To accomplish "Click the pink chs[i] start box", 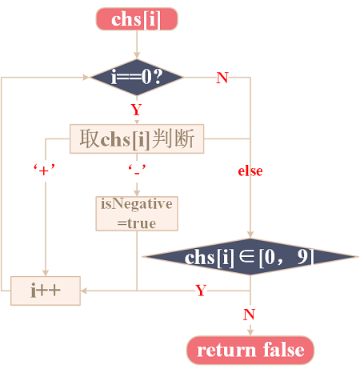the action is [x=137, y=19].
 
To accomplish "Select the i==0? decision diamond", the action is [x=137, y=78].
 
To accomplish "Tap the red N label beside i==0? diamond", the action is [x=222, y=78].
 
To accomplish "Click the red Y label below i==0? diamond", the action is [x=136, y=110].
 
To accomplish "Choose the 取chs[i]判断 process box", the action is [x=137, y=138].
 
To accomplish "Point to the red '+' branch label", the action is [x=44, y=170].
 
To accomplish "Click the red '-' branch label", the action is [x=137, y=170].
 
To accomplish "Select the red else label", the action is [x=250, y=170].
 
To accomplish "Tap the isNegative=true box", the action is [x=137, y=214].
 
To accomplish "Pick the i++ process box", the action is [x=46, y=291].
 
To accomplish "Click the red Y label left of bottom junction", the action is [x=201, y=291].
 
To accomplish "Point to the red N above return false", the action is [x=250, y=315].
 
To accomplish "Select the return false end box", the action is [x=250, y=350].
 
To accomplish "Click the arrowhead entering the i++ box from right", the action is [x=84, y=291].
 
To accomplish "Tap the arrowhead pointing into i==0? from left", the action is [x=86, y=78].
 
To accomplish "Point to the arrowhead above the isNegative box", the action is [x=137, y=193].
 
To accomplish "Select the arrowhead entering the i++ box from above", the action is [x=46, y=273].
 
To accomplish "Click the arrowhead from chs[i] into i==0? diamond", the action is [x=137, y=55].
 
